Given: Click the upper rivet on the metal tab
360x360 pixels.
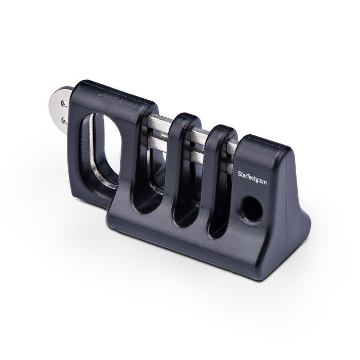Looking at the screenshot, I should click(x=64, y=104).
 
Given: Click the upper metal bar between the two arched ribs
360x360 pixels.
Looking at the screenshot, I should click(x=198, y=135).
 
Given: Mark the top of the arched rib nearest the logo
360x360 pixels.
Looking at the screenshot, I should click(x=221, y=129).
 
